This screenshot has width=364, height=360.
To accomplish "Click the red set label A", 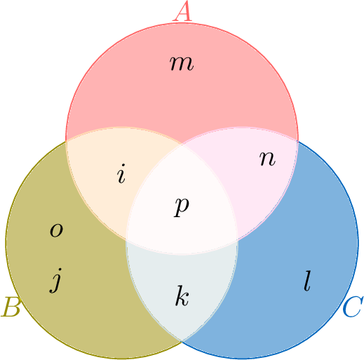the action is click(182, 11).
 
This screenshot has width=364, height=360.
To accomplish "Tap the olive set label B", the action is click(11, 307).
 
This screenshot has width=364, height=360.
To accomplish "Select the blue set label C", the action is click(353, 307).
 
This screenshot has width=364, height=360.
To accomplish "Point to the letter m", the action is click(182, 63).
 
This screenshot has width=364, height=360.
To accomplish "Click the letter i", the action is click(121, 174).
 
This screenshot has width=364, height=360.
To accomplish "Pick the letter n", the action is click(267, 159).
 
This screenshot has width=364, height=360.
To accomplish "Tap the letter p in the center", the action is click(182, 207).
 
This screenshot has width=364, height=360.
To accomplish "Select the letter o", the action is click(56, 230).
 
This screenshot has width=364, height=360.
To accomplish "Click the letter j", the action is click(55, 280).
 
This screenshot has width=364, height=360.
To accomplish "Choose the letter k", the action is click(182, 296).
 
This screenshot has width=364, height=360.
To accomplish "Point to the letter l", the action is click(307, 281).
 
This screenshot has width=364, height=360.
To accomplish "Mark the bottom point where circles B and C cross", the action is click(182, 341).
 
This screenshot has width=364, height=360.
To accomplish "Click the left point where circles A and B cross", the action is click(66, 141).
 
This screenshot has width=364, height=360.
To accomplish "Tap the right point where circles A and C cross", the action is click(297, 141).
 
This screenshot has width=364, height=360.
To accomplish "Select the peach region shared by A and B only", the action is click(112, 177).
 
